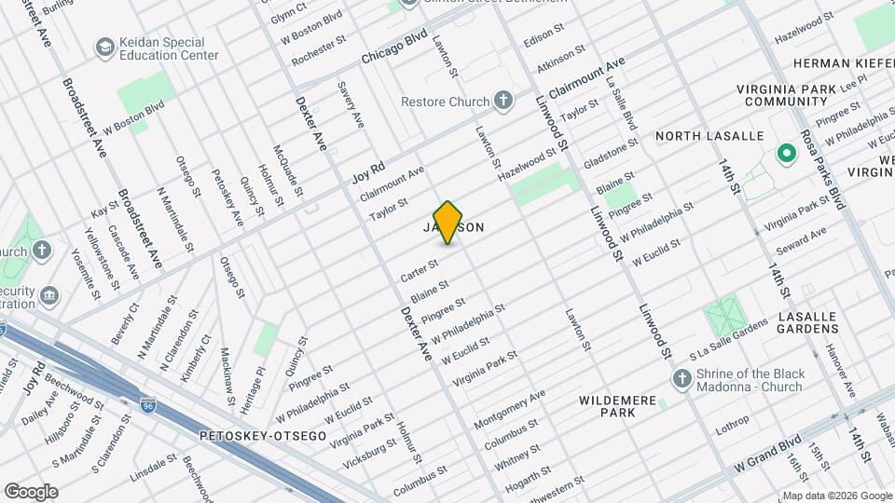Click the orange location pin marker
(x=448, y=222)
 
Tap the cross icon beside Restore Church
(x=503, y=101)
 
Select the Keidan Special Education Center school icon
(x=103, y=47)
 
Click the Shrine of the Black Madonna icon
(x=682, y=379)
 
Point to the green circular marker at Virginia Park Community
(x=785, y=152)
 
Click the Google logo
(x=31, y=492)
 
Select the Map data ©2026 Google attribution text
(x=836, y=496)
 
